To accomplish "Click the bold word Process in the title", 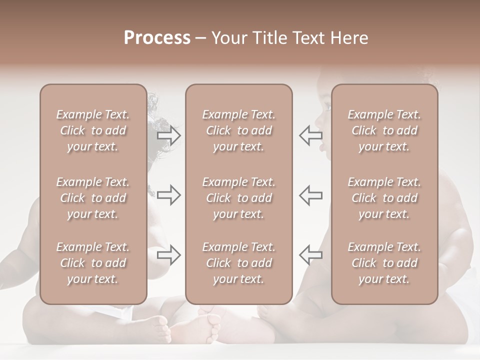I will coord(157,38).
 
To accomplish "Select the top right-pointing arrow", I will coord(169,135).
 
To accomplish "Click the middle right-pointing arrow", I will coord(169,195).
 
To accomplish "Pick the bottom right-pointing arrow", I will coord(169,255).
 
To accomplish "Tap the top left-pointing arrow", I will coord(310,135).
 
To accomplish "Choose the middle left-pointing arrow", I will coord(310,195).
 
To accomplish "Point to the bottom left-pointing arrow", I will coord(310,255).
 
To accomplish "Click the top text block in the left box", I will coord(93,130).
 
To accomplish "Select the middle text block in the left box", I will coord(93,198).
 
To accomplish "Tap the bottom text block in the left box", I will coord(93,263).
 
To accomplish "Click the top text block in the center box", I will coord(239,130).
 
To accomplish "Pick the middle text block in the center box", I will coord(239,198).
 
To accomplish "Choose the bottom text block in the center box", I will coord(239,263).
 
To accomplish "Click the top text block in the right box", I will coord(384,130).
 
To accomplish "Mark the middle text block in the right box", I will coord(384,198).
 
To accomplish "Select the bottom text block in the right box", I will coord(384,263).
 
